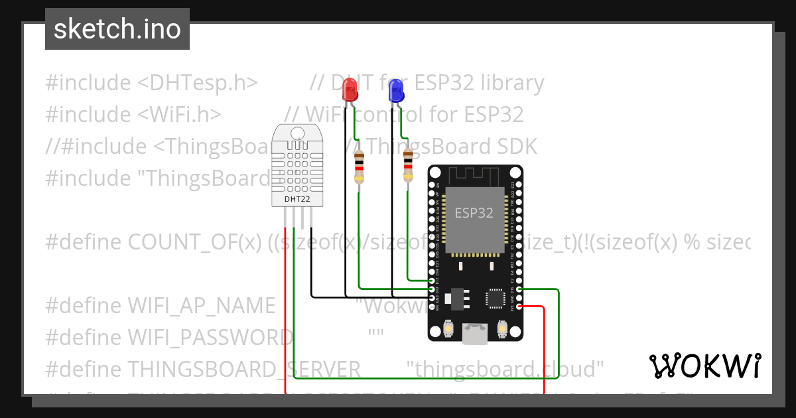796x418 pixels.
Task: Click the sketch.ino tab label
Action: [117, 29]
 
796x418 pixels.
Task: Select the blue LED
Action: [397, 90]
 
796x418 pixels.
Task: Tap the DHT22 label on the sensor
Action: [297, 198]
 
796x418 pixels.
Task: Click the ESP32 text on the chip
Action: [474, 214]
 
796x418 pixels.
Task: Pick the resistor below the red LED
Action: [359, 166]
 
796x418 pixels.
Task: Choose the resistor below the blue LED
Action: [408, 166]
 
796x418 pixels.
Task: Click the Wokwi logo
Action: [704, 366]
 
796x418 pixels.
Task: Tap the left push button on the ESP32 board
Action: [448, 328]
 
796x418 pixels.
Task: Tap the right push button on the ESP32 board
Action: [502, 328]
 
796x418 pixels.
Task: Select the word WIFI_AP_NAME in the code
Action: [201, 305]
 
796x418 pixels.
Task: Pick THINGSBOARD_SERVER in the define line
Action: [243, 368]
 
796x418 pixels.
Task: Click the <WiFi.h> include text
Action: [180, 114]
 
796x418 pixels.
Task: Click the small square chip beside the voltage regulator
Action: [496, 298]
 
